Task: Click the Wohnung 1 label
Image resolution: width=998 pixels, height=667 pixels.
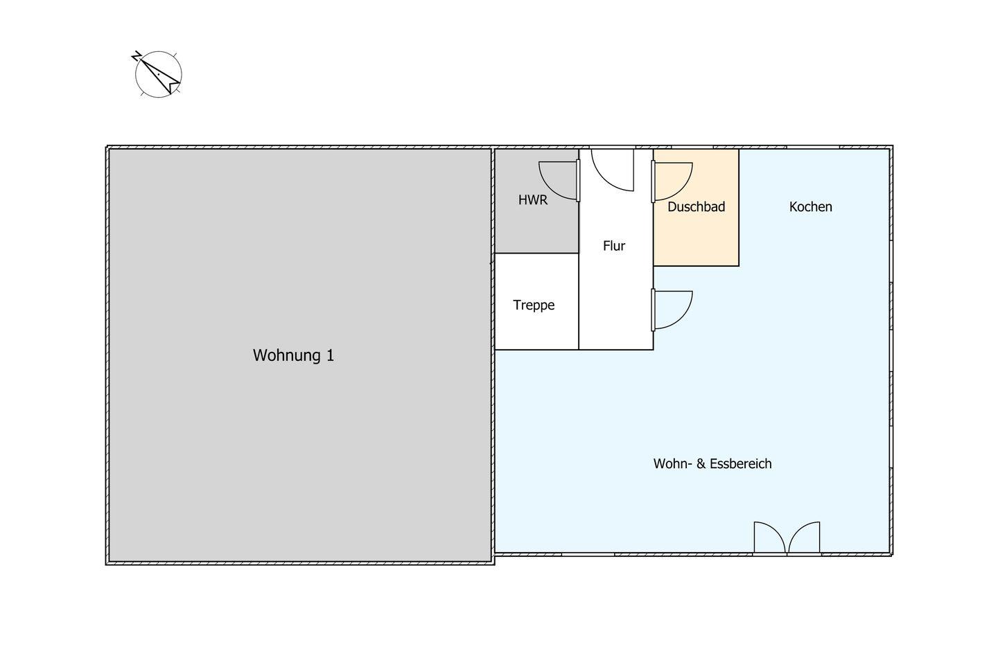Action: point(293,355)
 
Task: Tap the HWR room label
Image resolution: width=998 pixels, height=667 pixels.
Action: point(533,200)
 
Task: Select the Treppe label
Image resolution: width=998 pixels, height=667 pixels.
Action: point(534,305)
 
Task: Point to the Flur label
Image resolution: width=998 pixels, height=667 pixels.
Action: point(614,246)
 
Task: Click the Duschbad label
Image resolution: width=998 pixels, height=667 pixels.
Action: point(697,206)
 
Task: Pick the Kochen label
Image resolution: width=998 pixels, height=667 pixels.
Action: point(810,206)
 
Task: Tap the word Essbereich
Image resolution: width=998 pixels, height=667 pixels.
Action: point(740,463)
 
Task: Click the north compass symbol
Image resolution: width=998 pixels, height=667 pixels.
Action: point(158,74)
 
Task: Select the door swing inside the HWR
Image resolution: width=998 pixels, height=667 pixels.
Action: point(559,181)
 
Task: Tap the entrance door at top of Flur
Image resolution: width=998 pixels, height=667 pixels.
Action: point(613,170)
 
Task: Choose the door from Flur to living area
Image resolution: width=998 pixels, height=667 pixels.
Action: point(672,310)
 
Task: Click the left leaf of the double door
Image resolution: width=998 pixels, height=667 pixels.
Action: point(769,537)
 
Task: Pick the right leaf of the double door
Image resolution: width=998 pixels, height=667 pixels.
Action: point(804,537)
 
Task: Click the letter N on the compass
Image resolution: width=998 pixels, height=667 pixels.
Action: point(137,56)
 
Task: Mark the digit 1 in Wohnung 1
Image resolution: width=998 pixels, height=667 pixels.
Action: point(330,355)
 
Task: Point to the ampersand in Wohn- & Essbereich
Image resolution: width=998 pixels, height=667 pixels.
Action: point(701,463)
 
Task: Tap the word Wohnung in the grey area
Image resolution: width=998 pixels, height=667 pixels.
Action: point(287,355)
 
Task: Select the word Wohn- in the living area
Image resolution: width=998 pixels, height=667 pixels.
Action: point(673,463)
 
